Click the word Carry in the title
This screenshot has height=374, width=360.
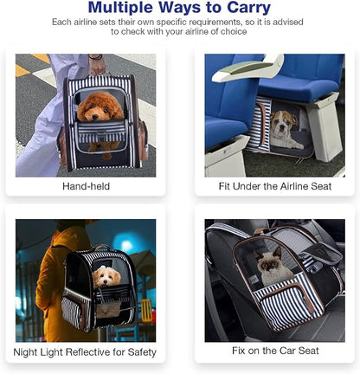click(248, 8)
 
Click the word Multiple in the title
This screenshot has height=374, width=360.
click(120, 8)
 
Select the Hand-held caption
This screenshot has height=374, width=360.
click(86, 186)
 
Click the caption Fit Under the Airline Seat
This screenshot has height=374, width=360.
click(275, 186)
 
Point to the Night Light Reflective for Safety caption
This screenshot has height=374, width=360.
click(85, 352)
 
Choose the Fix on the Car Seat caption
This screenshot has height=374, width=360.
click(275, 351)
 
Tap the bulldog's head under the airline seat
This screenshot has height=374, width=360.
click(281, 124)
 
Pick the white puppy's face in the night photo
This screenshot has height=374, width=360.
click(106, 276)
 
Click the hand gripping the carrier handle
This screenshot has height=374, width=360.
click(97, 67)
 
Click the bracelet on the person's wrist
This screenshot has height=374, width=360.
click(96, 57)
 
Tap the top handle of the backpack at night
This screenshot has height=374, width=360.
click(101, 247)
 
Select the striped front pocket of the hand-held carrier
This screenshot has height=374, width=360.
click(100, 132)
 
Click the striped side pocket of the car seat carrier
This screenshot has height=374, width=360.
click(287, 306)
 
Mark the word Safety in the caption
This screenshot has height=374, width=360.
click(142, 352)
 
